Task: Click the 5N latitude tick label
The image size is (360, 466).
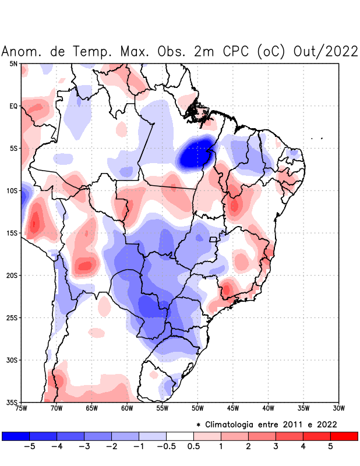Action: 13,63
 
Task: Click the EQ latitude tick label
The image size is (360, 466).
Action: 13,106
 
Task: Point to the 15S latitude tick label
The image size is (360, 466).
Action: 12,233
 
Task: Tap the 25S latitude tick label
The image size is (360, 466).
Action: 12,317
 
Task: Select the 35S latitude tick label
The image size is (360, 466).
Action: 12,402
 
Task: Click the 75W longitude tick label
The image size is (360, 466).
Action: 21,408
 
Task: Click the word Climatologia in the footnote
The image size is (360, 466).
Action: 239,424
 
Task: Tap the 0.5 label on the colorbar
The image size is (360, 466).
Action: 194,447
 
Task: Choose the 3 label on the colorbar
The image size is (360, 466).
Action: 276,447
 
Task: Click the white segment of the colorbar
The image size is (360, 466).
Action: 180,436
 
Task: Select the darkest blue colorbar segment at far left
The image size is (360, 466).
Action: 16,436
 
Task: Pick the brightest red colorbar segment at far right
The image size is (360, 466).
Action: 344,436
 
